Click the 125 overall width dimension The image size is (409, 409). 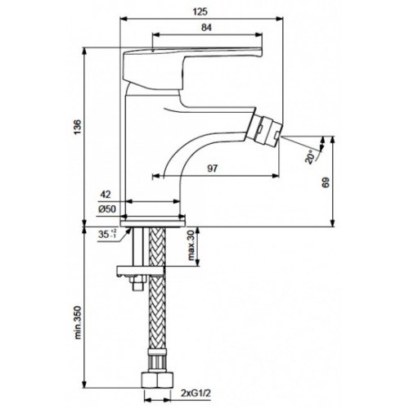(x=200, y=11)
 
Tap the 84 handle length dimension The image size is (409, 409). (x=206, y=28)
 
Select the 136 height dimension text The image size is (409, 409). (x=78, y=127)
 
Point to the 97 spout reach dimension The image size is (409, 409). (x=213, y=169)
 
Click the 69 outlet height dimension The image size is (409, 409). (x=326, y=182)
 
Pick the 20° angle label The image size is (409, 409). (x=310, y=157)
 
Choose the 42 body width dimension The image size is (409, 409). (x=106, y=195)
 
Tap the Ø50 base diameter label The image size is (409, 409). (x=107, y=209)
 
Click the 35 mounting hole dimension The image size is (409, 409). (x=106, y=234)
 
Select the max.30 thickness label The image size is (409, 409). (x=191, y=245)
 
